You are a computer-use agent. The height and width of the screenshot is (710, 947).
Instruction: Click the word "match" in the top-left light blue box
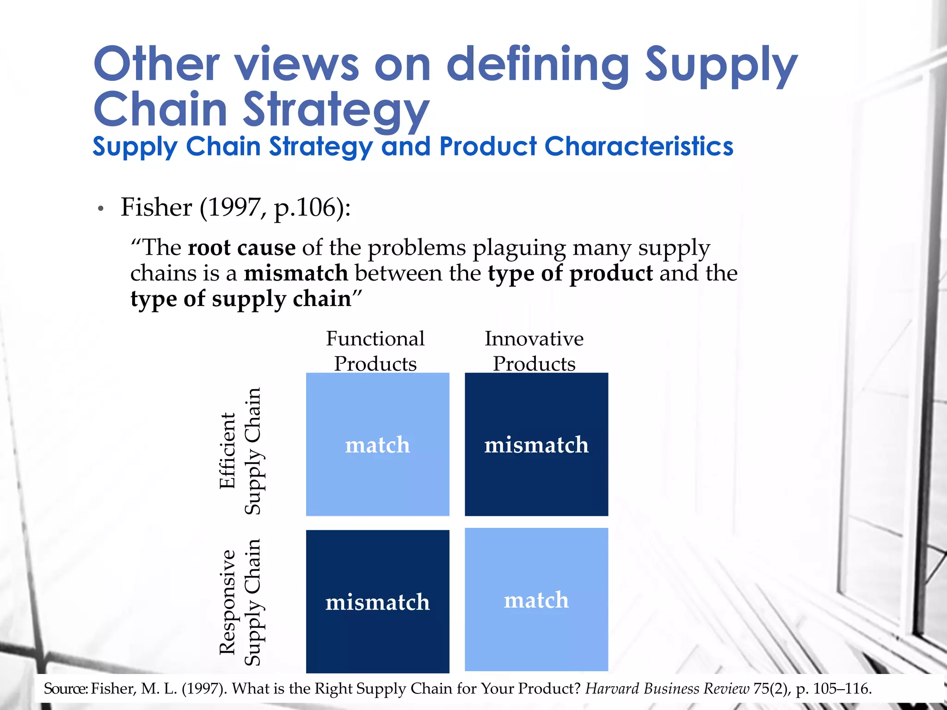(x=377, y=445)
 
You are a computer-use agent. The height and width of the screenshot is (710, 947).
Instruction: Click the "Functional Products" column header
(x=375, y=351)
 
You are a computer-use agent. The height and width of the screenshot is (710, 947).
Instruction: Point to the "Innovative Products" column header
(x=534, y=351)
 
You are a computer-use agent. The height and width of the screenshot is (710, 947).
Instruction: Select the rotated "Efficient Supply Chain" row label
(x=240, y=451)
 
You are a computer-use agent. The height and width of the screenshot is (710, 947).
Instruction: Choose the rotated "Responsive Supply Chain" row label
(x=240, y=602)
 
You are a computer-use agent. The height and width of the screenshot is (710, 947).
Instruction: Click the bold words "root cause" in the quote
(x=241, y=248)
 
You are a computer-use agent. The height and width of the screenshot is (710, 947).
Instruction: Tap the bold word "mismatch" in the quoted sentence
(x=296, y=273)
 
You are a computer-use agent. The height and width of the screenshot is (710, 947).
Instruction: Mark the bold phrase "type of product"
(x=570, y=273)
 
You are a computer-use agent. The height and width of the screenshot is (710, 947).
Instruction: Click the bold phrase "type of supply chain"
(x=240, y=299)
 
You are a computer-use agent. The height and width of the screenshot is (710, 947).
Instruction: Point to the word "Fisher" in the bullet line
(x=156, y=207)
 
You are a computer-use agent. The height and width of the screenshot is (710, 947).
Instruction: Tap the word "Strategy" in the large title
(x=336, y=110)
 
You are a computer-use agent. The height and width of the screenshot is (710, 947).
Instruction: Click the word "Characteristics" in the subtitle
(x=639, y=147)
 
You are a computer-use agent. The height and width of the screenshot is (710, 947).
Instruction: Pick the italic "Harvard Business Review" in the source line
(x=667, y=689)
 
